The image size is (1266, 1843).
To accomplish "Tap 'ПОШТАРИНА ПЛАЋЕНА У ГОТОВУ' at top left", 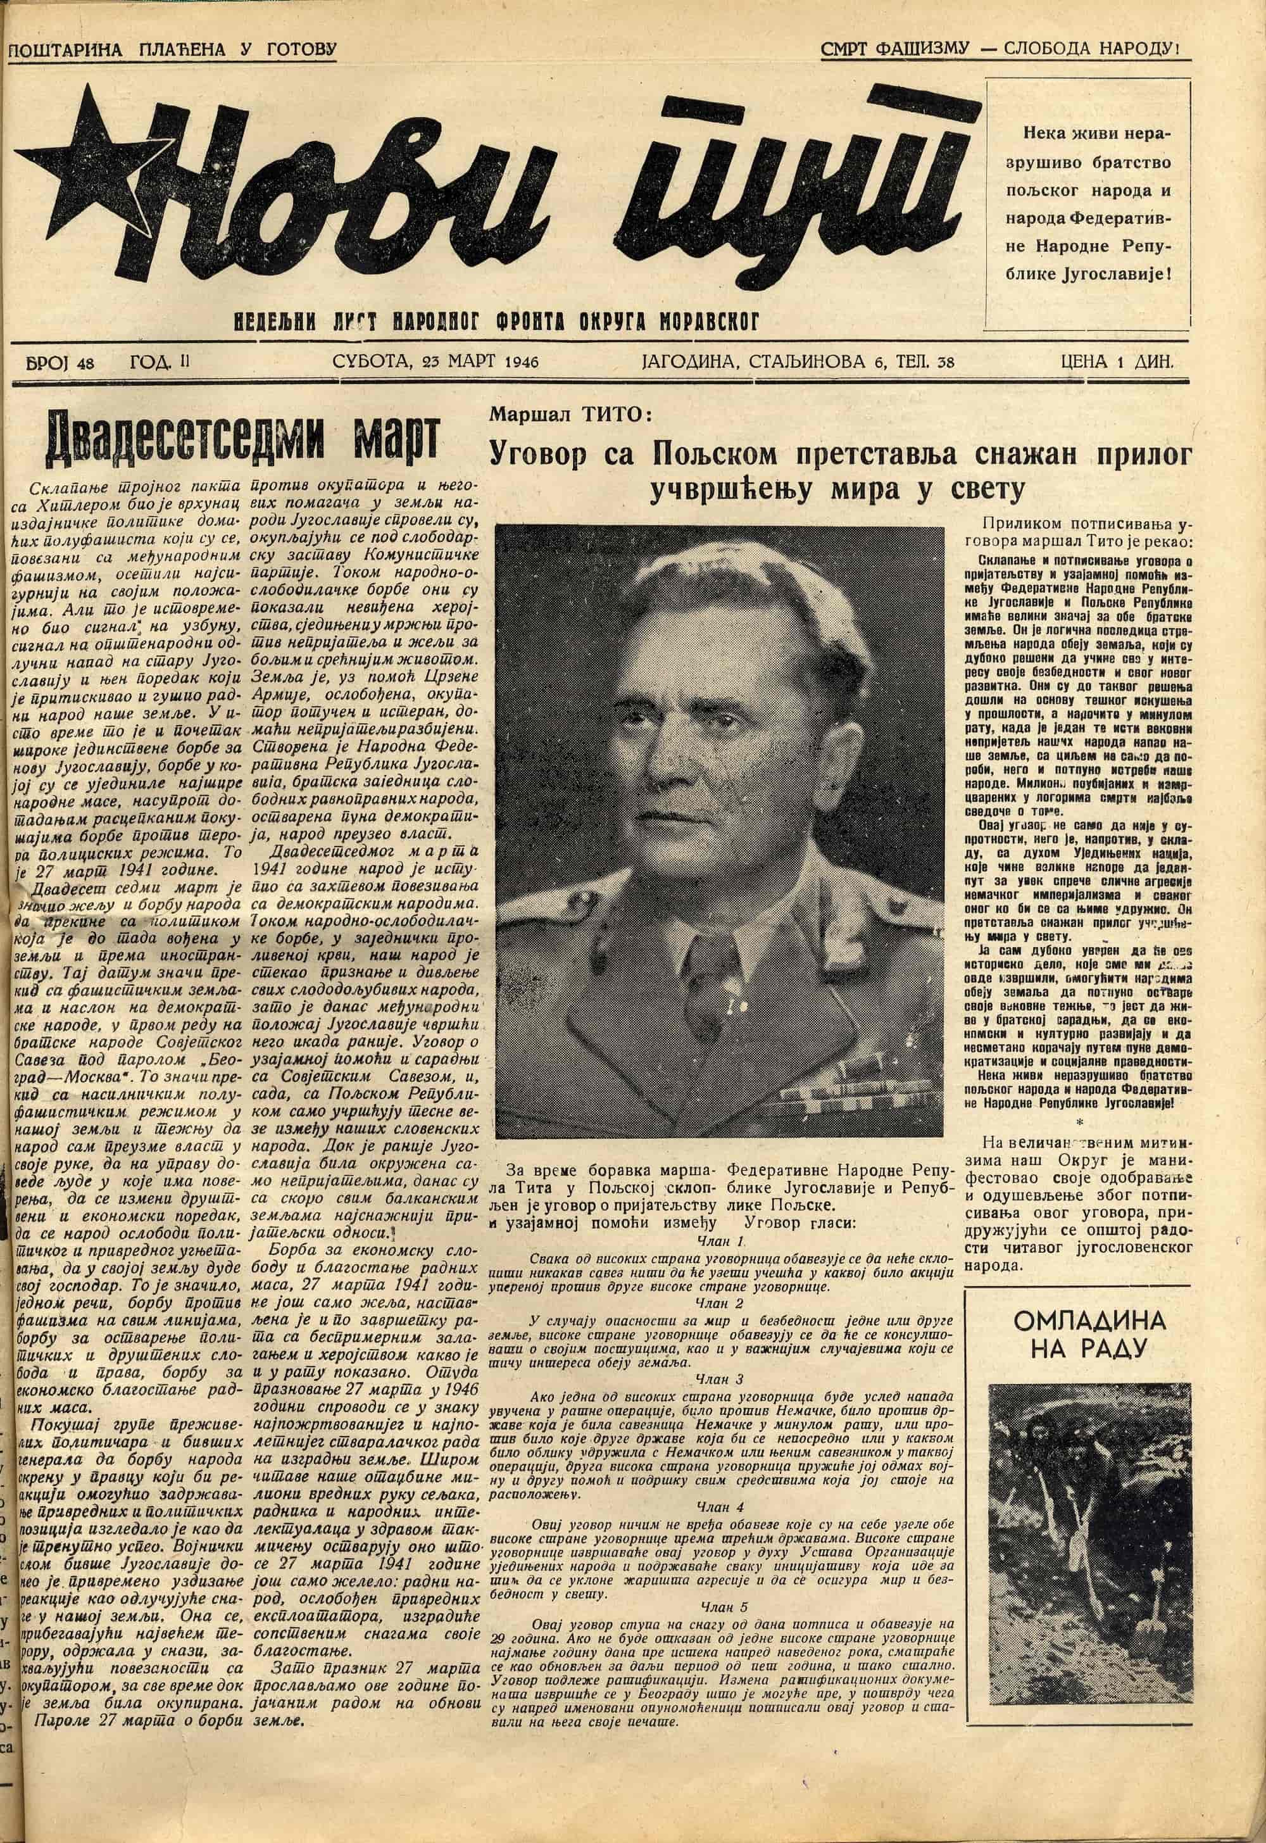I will (x=172, y=50).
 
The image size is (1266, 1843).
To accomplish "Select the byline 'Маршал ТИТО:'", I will (x=570, y=414).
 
